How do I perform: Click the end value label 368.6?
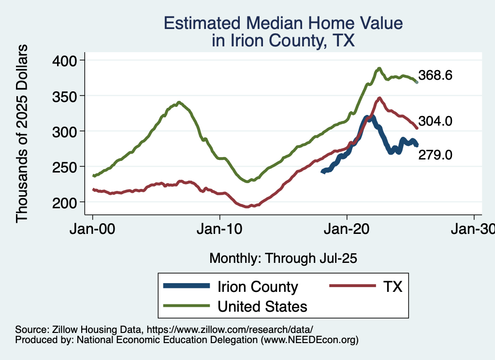[x=435, y=76]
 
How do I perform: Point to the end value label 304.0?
[x=435, y=121]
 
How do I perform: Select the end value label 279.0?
[x=435, y=155]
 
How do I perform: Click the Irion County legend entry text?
[x=258, y=287]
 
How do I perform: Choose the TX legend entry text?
[x=393, y=287]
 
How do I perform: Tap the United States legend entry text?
[x=262, y=306]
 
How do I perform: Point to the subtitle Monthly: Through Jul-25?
[x=283, y=259]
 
